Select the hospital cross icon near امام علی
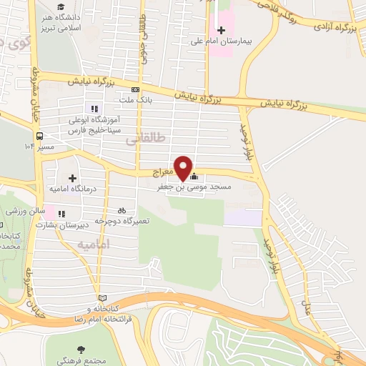221,31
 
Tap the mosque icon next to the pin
194,177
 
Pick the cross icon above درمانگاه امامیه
71,177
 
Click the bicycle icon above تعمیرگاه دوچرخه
122,210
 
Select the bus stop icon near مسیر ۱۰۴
38,134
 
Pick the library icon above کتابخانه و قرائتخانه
102,297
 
